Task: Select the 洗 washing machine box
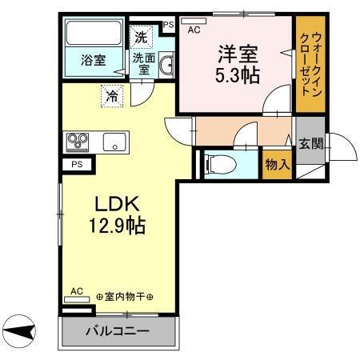141,36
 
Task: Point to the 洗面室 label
144,62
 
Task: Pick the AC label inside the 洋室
193,30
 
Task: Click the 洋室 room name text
237,53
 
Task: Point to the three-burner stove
78,142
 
